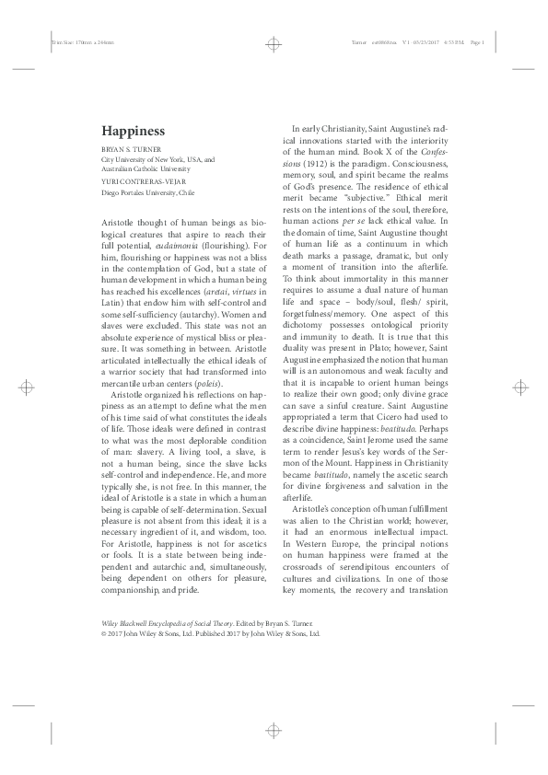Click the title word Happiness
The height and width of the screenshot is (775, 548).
(133, 132)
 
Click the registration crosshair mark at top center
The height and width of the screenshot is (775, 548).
(274, 43)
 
